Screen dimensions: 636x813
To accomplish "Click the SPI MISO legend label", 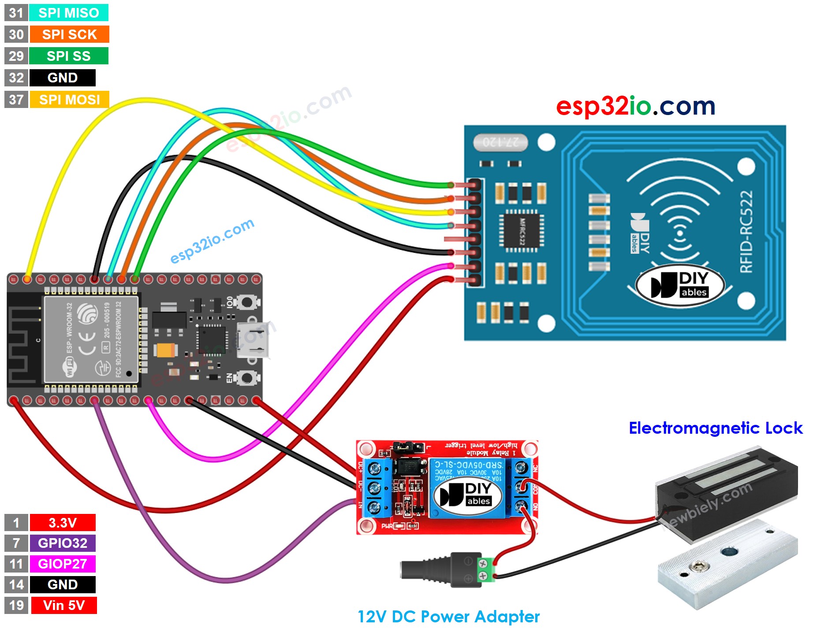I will tap(68, 13).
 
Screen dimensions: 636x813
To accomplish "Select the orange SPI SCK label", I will tap(69, 34).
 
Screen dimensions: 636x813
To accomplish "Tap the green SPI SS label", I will tap(68, 56).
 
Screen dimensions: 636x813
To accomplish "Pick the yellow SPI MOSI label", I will tap(69, 100).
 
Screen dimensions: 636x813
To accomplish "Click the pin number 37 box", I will tap(16, 100).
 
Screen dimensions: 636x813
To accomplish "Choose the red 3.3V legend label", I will tap(62, 523).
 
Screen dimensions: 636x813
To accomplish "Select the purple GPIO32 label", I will tap(62, 543).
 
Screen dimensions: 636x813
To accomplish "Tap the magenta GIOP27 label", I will tap(62, 564).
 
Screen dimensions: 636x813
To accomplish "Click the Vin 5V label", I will tap(63, 605).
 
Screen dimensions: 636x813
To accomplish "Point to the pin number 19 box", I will tap(16, 605).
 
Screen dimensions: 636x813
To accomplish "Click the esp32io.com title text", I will tap(635, 106).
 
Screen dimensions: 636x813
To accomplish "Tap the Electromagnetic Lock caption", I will tap(715, 428).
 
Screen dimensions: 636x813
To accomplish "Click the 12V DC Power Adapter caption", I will tap(448, 616).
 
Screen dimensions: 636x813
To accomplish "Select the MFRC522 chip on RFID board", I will tap(522, 231).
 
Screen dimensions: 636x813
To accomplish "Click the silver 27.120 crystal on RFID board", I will tap(500, 142).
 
